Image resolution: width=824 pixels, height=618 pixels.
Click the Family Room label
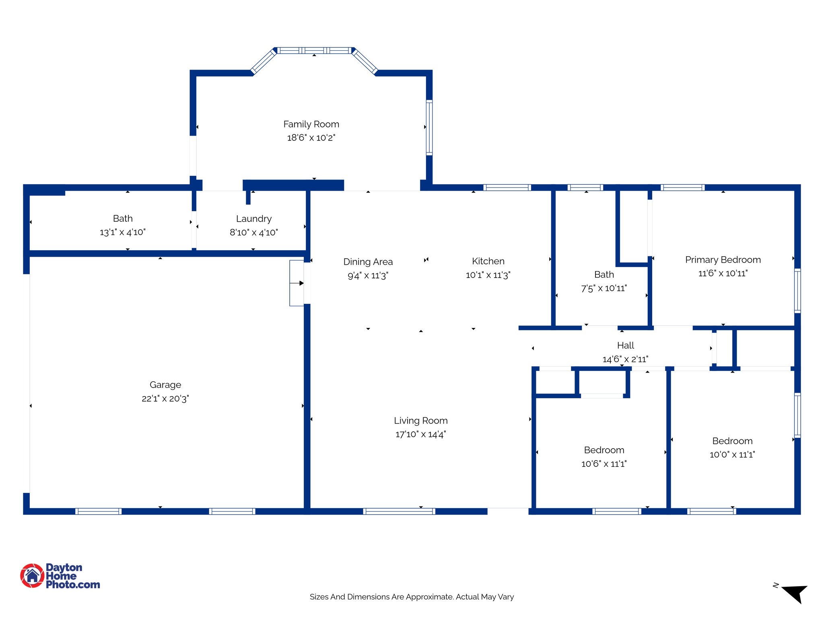(311, 124)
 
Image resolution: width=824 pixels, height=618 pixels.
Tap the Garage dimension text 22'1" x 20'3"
(165, 398)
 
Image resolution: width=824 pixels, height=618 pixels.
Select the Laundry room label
(253, 218)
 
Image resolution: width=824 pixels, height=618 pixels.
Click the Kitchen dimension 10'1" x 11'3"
(488, 275)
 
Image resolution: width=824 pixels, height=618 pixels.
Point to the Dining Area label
(368, 262)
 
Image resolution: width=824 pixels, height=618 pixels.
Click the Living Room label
(420, 420)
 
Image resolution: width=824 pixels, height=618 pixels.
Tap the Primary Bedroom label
(723, 260)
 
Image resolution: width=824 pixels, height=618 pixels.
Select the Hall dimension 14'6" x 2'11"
(625, 359)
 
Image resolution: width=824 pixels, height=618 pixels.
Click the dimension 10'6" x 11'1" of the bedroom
(604, 463)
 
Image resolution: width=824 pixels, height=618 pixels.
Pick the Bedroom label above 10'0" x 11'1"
(732, 441)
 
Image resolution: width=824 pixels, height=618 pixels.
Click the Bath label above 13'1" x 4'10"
(123, 218)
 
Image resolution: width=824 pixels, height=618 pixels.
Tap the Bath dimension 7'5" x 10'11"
(604, 288)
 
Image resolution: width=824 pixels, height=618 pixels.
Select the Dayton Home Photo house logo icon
(32, 576)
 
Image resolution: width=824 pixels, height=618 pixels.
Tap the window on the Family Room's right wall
(429, 127)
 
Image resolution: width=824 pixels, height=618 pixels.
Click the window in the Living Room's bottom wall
(399, 511)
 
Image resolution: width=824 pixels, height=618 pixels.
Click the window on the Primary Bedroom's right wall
(797, 290)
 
